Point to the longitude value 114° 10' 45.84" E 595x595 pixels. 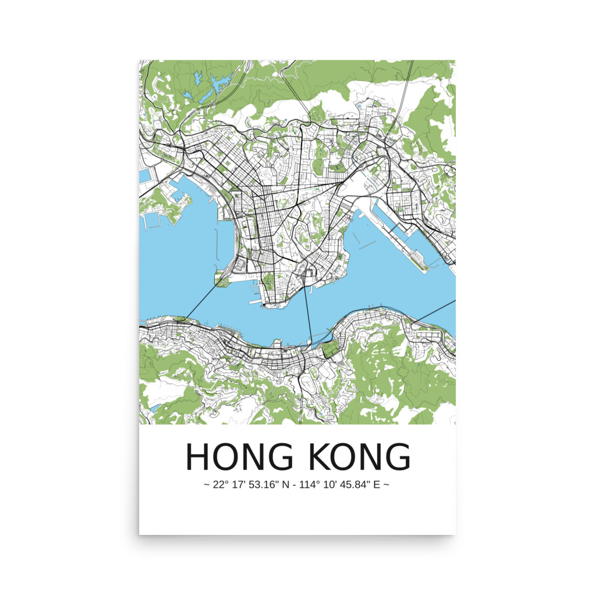coord(340,485)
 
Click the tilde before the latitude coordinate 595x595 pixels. coord(206,485)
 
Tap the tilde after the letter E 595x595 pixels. coord(387,485)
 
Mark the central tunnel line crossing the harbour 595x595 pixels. coord(308,315)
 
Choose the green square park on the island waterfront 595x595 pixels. coord(329,349)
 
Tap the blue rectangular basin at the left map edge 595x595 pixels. coord(144,176)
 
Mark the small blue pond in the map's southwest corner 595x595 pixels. coord(156,408)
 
